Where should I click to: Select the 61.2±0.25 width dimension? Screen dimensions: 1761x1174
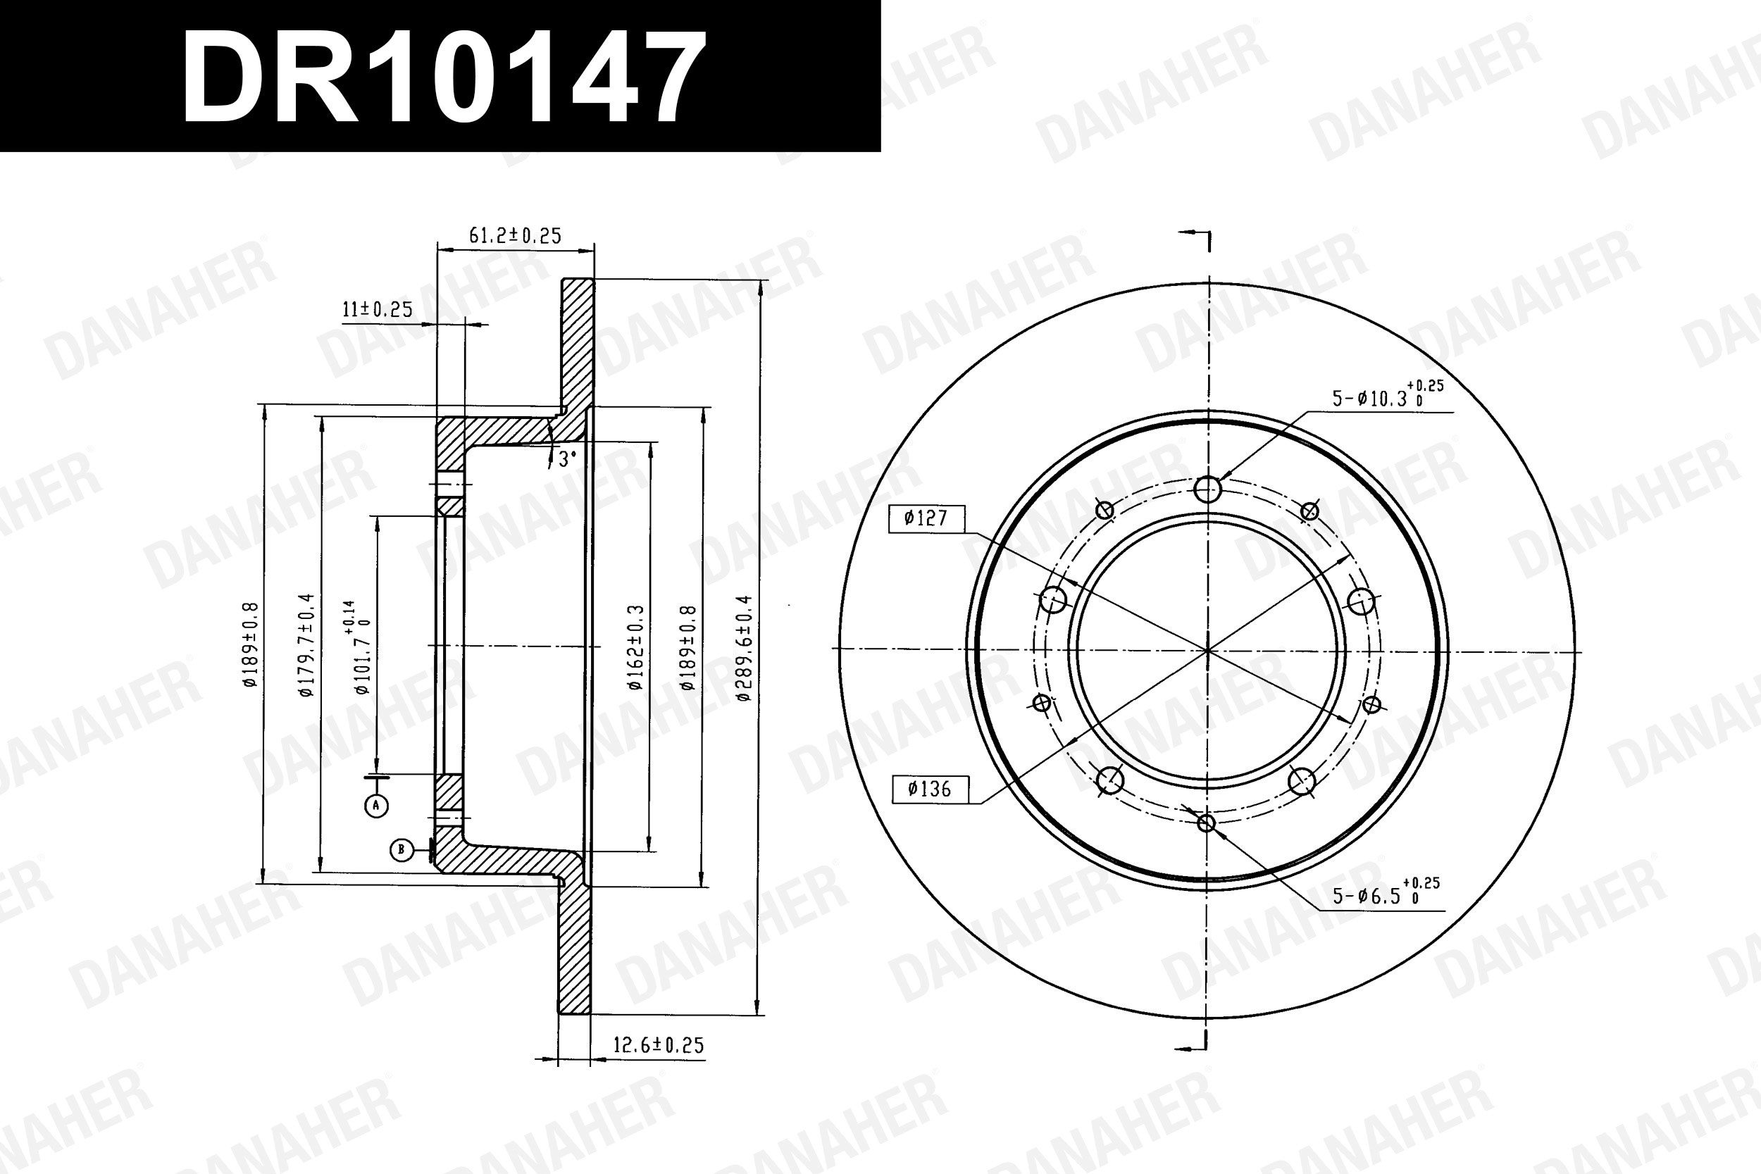[515, 236]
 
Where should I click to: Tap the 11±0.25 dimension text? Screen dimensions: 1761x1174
[378, 309]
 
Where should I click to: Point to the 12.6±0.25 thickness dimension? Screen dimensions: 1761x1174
[658, 1044]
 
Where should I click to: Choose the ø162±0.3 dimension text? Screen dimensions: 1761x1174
[635, 648]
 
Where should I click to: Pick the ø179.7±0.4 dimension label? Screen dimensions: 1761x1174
[306, 645]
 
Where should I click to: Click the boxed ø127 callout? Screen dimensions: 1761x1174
[927, 518]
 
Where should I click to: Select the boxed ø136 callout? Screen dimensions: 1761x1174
[931, 789]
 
